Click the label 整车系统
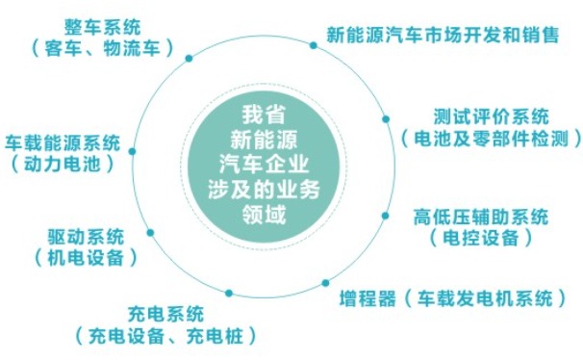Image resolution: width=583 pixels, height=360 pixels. [x=103, y=27]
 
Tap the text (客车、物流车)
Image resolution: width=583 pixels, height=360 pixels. [x=103, y=48]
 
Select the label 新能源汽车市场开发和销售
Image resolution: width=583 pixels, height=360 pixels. [x=443, y=35]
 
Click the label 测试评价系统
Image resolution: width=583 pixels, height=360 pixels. [x=492, y=116]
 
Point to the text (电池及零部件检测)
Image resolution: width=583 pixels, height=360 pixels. [x=492, y=139]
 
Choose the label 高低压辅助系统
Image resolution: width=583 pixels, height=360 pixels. [x=481, y=217]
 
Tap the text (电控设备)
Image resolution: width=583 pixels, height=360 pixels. [x=481, y=238]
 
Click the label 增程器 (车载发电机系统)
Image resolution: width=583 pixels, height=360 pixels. [x=452, y=297]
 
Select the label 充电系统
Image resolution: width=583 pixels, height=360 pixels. [x=165, y=314]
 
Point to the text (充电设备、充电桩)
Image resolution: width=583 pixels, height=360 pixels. [x=165, y=336]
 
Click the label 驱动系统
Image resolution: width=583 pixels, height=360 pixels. [x=86, y=237]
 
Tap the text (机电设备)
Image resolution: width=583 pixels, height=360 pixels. [x=86, y=258]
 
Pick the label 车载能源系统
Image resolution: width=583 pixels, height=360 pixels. [x=63, y=143]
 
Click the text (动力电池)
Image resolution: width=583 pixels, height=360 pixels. [x=63, y=164]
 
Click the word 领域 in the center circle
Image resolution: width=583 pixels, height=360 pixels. [x=264, y=215]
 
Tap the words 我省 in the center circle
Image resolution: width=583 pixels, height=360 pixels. [x=264, y=115]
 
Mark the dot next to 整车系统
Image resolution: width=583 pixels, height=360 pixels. [x=189, y=58]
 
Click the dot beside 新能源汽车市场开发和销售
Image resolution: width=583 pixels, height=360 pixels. [x=314, y=45]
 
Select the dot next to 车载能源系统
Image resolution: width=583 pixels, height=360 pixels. [x=132, y=151]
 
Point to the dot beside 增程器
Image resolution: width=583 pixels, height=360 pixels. [x=325, y=283]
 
